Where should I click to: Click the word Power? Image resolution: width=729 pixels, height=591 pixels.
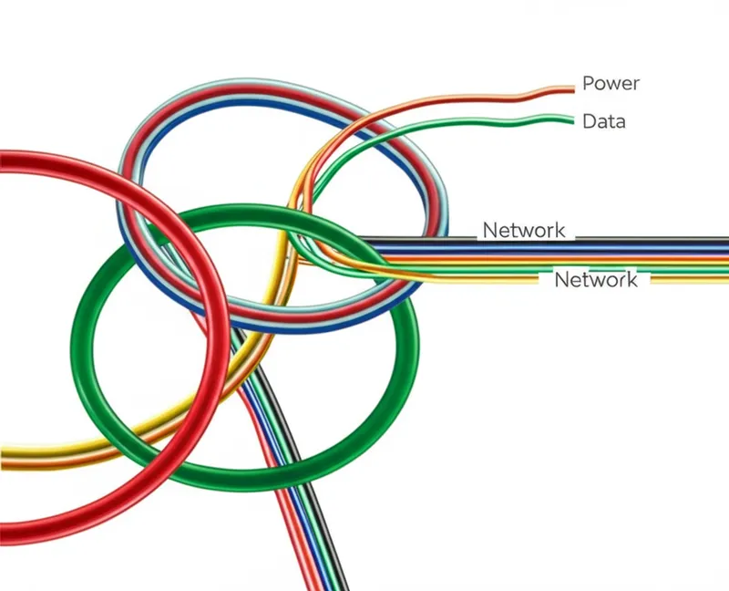point(611,84)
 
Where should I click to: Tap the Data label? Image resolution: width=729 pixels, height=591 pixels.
point(603,120)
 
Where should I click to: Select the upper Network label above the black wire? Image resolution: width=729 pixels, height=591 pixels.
point(523,231)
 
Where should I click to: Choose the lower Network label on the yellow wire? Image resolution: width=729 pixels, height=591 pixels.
point(596,280)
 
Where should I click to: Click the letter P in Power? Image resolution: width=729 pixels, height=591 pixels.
point(588,84)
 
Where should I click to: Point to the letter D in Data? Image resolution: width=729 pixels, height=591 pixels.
point(588,120)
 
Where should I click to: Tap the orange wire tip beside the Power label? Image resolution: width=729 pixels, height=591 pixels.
point(571,88)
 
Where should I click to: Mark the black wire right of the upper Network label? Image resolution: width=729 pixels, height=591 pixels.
point(656,240)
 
